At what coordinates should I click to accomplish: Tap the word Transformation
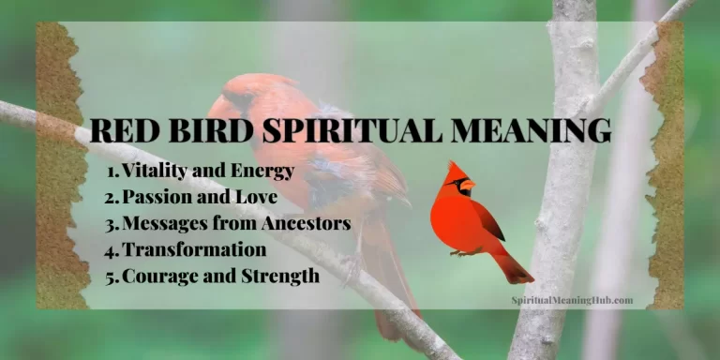click(194, 250)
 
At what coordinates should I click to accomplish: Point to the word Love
click(260, 198)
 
